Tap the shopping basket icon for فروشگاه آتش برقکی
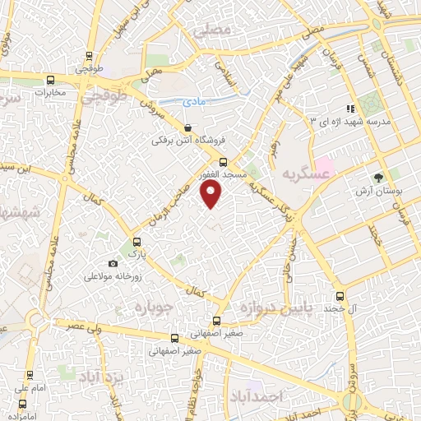click(x=189, y=128)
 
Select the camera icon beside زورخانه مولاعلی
click(x=113, y=263)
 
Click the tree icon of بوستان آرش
click(x=379, y=177)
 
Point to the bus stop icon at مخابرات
click(x=52, y=81)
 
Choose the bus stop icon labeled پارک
click(x=136, y=243)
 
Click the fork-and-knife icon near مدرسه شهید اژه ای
click(x=350, y=108)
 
